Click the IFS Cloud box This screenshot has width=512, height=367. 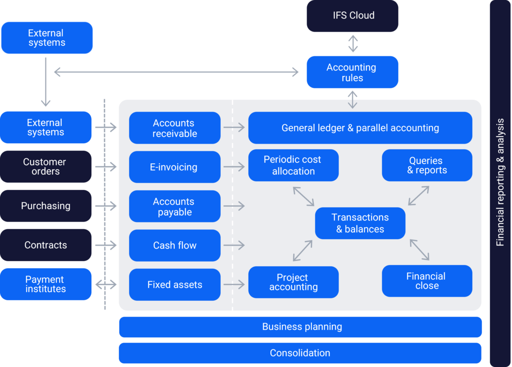[x=352, y=16]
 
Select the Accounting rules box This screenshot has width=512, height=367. [x=352, y=72]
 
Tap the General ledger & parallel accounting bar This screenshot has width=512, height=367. [x=360, y=128]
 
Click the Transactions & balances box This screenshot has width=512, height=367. [x=360, y=223]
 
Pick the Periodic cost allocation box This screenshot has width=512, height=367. [x=293, y=165]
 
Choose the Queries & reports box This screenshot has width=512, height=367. [x=427, y=165]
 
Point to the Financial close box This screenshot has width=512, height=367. [x=427, y=281]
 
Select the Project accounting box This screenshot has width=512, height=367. [x=293, y=282]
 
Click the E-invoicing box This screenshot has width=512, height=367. [x=175, y=167]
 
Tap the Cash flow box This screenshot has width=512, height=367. [x=175, y=245]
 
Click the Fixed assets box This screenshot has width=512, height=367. [x=175, y=284]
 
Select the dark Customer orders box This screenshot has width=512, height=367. [x=45, y=167]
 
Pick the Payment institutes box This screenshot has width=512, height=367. [x=45, y=284]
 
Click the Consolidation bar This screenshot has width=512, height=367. [x=300, y=353]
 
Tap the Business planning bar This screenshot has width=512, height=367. [x=300, y=327]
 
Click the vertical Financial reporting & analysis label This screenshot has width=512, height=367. [x=500, y=182]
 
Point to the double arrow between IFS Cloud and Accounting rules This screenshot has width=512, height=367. [x=352, y=43]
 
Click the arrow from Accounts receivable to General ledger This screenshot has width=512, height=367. [x=234, y=127]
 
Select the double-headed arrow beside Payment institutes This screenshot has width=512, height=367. [x=106, y=285]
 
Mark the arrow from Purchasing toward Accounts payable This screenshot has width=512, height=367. [x=106, y=206]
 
